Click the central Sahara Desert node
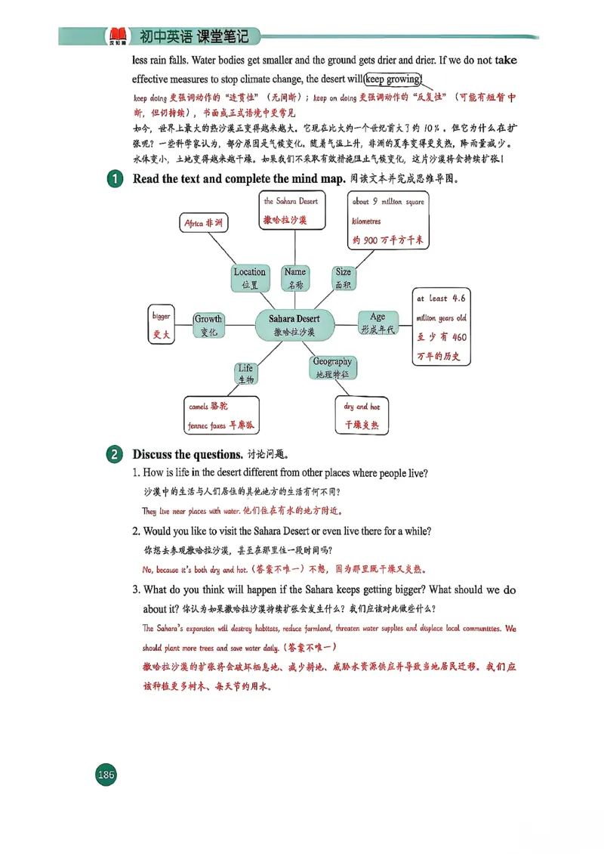tap(297, 325)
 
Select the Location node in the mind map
tap(250, 278)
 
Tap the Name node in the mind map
tap(295, 278)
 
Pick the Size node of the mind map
tap(344, 278)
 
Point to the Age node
tap(377, 323)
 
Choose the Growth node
tap(208, 325)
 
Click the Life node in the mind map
tap(246, 373)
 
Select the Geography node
tap(332, 367)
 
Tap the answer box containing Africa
tap(204, 223)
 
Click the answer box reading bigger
tap(162, 326)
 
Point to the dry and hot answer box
tap(362, 416)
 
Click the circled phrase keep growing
tap(393, 79)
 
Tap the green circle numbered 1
tap(113, 181)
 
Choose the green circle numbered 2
tap(113, 455)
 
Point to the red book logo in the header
tap(116, 35)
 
